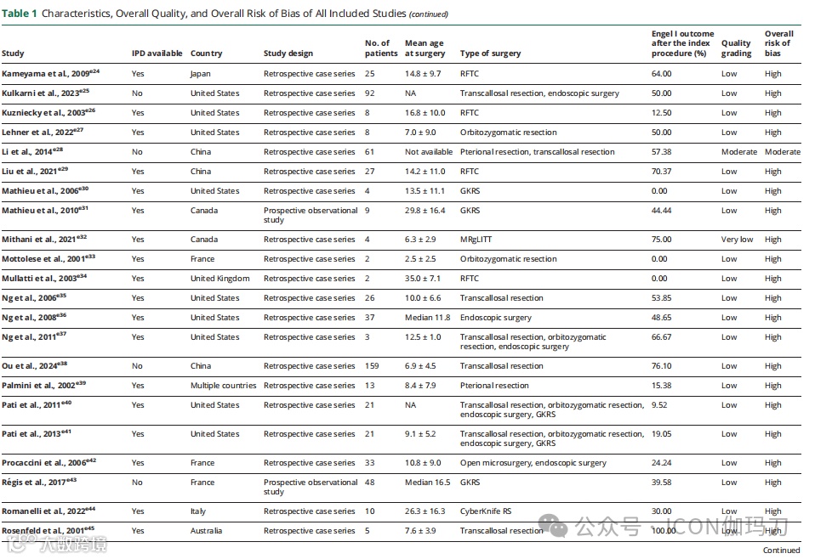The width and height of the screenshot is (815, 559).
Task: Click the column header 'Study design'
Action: tap(288, 54)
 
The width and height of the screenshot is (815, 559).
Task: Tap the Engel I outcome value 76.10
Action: tap(661, 366)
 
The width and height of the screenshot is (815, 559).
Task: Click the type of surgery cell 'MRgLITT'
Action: tap(479, 240)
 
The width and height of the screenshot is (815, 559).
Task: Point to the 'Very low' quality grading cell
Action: tap(737, 240)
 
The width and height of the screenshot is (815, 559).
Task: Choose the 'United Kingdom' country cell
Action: tap(219, 279)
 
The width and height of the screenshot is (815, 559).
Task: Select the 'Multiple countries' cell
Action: tap(223, 386)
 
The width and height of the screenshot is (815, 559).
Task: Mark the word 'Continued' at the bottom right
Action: tap(781, 550)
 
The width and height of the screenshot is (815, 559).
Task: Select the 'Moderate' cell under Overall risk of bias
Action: tap(782, 152)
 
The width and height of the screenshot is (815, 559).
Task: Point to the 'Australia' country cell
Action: tap(207, 531)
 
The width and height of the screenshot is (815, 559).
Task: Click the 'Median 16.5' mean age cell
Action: tap(429, 483)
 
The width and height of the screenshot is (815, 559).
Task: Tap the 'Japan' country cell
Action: tap(201, 74)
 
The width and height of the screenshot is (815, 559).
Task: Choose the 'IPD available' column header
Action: tap(157, 54)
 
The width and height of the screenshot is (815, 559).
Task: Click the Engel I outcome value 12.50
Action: tap(661, 113)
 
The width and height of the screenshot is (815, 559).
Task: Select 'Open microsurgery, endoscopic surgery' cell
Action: tap(533, 463)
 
